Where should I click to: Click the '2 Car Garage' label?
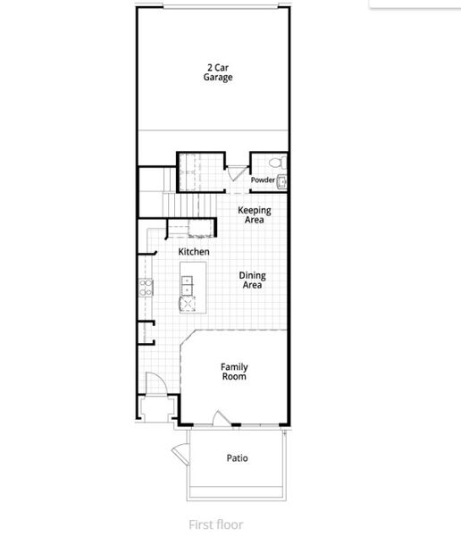220,72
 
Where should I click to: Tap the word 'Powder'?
263,180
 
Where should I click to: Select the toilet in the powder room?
276,163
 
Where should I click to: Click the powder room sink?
282,182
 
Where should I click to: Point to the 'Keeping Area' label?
254,214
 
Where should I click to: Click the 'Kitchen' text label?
194,252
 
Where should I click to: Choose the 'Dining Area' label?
252,281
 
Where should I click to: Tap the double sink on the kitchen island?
187,285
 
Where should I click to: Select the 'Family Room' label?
234,372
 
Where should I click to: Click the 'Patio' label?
237,458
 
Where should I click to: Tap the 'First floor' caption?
215,524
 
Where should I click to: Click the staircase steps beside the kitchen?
189,206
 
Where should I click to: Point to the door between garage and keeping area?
233,173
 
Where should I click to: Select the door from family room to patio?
222,418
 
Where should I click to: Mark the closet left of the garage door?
197,171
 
